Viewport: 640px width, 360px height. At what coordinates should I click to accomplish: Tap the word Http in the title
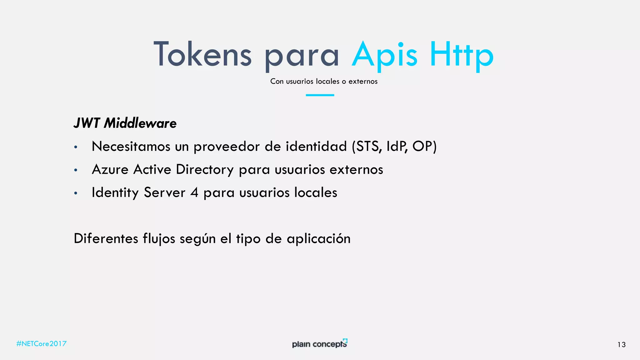click(461, 55)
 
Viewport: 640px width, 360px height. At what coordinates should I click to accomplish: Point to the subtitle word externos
click(363, 81)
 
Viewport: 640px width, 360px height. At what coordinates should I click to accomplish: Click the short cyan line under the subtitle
click(320, 95)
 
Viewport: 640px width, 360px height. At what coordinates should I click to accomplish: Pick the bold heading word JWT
click(87, 123)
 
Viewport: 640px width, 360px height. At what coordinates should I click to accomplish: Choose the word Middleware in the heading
click(140, 123)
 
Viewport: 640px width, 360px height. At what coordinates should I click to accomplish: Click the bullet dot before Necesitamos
click(76, 147)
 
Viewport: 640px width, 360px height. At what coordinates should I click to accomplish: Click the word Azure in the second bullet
click(110, 169)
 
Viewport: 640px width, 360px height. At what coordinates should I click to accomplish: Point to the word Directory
click(205, 170)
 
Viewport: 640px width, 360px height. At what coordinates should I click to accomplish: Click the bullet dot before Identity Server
click(76, 193)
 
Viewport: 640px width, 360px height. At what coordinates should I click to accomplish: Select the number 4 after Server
click(194, 192)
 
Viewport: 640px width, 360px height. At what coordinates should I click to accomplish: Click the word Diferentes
click(106, 238)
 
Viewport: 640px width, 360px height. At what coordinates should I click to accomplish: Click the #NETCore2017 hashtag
click(42, 344)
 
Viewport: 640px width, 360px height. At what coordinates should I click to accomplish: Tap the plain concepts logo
click(320, 343)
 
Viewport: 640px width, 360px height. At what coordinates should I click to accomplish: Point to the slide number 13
click(621, 345)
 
